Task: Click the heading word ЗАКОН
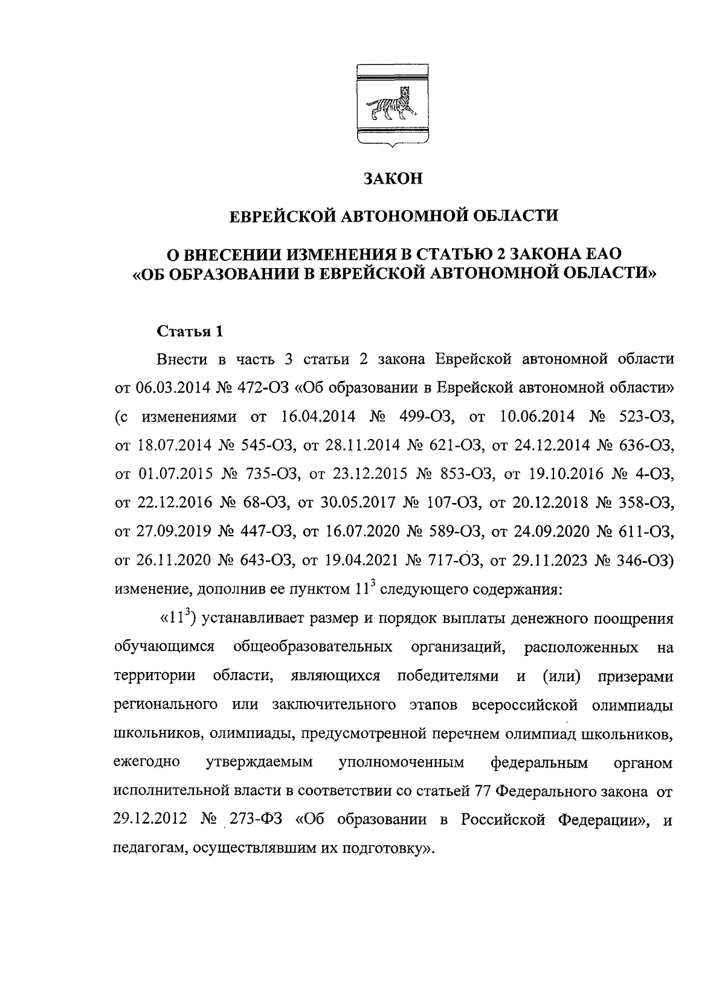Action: point(393,179)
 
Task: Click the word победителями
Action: point(448,676)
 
